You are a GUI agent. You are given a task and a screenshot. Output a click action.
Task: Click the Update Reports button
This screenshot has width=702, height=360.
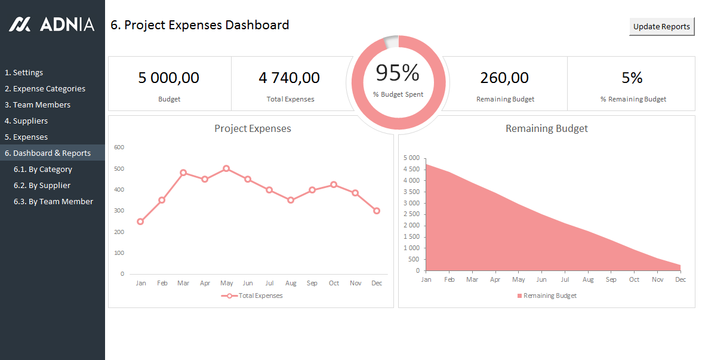point(661,26)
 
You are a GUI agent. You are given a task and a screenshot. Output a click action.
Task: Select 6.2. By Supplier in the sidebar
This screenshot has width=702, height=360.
point(42,185)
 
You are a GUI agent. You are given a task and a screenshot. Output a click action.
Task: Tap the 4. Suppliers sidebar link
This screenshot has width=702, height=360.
point(26,121)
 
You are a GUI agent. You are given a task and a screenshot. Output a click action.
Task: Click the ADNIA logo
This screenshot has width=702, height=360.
point(52,24)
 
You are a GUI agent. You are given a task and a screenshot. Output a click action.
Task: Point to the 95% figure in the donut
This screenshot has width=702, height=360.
point(398,73)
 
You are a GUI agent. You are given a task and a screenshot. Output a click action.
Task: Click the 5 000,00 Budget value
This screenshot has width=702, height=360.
point(169,78)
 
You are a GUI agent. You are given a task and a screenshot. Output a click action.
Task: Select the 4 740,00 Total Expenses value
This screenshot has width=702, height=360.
point(290,78)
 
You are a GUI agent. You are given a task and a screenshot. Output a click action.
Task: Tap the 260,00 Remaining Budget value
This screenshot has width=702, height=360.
point(505,78)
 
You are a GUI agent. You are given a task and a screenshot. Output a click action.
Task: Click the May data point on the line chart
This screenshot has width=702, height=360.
point(226,168)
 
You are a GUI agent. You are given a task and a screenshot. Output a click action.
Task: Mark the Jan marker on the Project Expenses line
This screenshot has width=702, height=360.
point(140,221)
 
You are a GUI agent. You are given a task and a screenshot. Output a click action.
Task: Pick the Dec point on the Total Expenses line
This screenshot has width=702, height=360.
point(377,211)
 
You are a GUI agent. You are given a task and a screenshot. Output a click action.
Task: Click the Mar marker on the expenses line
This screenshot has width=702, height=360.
point(183,173)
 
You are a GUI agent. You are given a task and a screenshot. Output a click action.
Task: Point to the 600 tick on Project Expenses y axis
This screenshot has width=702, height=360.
point(119,147)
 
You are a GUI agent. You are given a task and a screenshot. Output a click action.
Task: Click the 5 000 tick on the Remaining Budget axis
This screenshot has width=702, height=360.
point(412,158)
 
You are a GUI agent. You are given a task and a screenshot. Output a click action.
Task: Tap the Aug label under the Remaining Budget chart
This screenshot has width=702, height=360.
point(588,279)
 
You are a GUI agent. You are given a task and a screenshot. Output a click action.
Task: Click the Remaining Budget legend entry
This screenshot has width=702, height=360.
point(547,296)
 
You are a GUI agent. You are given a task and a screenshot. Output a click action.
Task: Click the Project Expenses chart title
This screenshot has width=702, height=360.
point(253,128)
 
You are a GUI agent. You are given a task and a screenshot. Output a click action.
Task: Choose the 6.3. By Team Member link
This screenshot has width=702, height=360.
point(53,201)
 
